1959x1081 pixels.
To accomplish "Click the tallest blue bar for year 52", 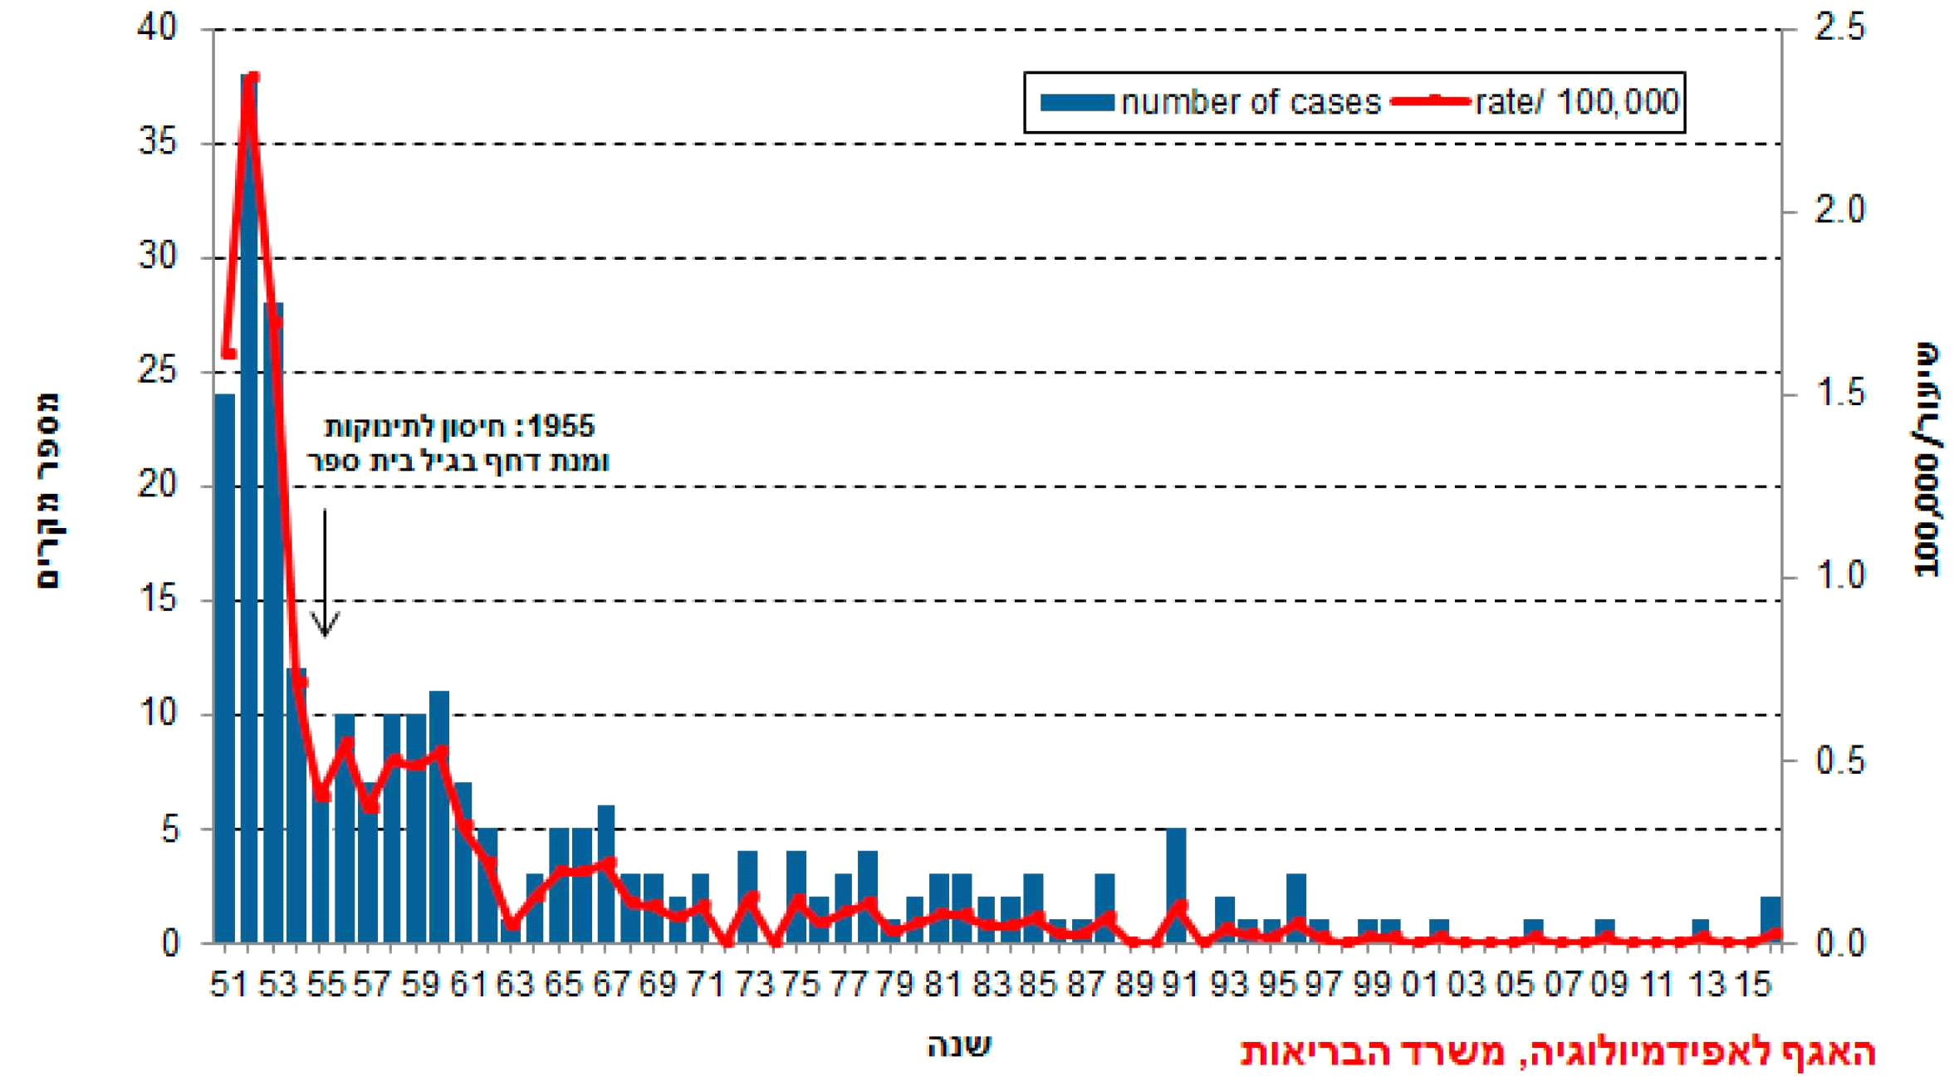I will (248, 498).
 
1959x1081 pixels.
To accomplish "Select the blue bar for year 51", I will (224, 664).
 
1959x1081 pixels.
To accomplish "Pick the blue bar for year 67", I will (606, 872).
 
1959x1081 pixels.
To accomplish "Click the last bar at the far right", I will (1770, 920).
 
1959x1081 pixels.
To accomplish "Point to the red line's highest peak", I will (253, 78).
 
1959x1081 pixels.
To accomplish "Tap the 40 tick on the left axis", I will (158, 28).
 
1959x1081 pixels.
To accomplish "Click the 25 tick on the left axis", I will (158, 371).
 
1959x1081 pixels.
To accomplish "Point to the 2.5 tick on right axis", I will (1839, 28).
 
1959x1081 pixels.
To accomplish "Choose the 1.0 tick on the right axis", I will (1839, 576).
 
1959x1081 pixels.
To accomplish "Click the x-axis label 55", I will (325, 986).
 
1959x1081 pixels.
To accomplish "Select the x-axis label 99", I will (1371, 986).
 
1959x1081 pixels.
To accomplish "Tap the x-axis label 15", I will (1752, 986).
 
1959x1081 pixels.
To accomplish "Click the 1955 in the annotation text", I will (561, 427).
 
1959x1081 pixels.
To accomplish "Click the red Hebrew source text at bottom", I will (1557, 1053).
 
